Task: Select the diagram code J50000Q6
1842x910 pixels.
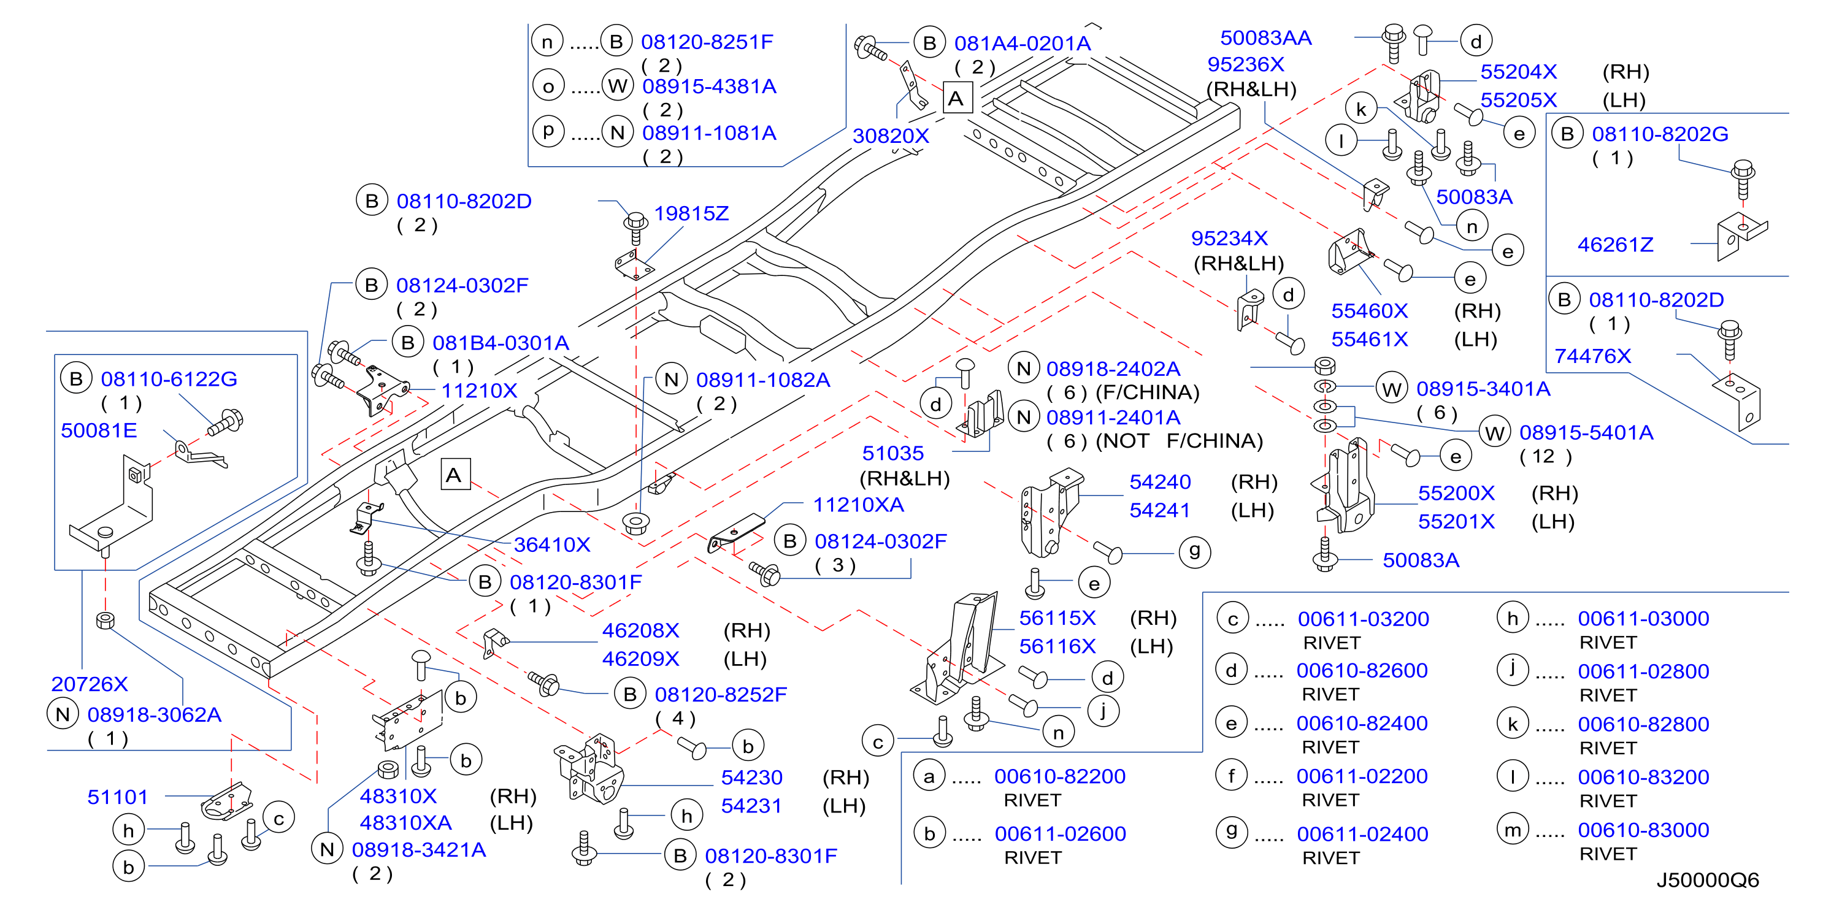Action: click(x=1708, y=880)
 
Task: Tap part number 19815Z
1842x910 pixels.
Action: click(x=691, y=213)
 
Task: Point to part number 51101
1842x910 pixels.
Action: click(x=117, y=797)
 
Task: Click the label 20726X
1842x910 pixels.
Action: click(x=90, y=684)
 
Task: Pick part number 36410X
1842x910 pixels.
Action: click(x=552, y=545)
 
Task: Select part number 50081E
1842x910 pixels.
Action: click(x=99, y=430)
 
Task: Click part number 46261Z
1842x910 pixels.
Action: click(x=1615, y=245)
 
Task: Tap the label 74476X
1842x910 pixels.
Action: click(x=1592, y=356)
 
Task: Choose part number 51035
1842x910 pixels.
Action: click(x=892, y=453)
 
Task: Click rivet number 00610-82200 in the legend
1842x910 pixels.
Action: click(x=1060, y=776)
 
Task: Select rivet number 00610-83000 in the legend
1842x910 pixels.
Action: click(x=1643, y=830)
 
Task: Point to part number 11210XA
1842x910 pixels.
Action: click(x=858, y=505)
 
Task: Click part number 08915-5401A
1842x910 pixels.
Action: click(x=1586, y=432)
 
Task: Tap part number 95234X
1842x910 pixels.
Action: click(x=1229, y=238)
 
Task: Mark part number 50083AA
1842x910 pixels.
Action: click(x=1265, y=38)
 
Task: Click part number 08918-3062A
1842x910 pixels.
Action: click(x=155, y=715)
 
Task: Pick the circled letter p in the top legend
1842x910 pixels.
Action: click(x=548, y=131)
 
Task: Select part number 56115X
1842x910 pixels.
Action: click(x=1057, y=617)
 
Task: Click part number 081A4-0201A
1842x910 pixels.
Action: click(x=1023, y=44)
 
